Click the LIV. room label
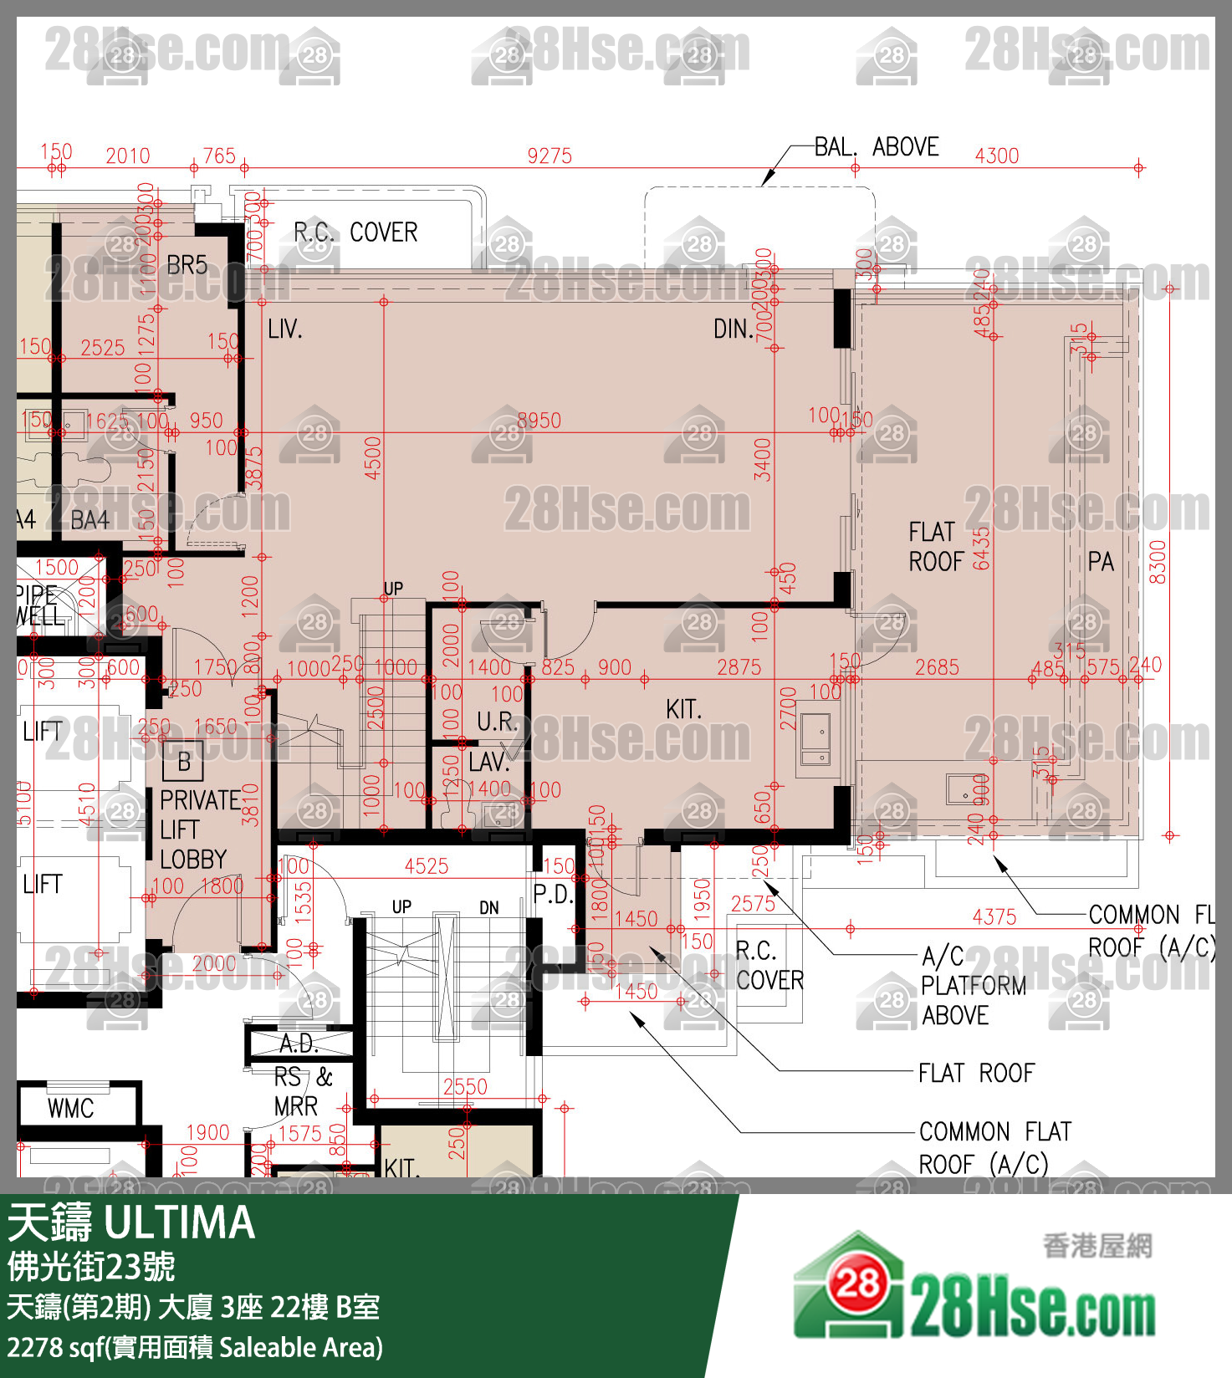click(285, 329)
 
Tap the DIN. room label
click(734, 329)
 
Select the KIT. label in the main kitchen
click(683, 709)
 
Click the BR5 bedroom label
click(187, 265)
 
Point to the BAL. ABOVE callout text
click(877, 147)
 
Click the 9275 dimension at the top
click(550, 156)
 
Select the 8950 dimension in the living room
click(539, 421)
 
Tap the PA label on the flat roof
click(1101, 562)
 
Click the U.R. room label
click(497, 722)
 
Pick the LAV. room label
click(489, 762)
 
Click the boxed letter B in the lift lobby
click(184, 762)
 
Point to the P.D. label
click(553, 894)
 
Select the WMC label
click(70, 1109)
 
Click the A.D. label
click(299, 1044)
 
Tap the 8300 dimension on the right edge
click(1158, 562)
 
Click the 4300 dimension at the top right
click(997, 156)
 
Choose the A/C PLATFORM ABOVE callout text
click(972, 985)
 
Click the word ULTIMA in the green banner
click(180, 1222)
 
